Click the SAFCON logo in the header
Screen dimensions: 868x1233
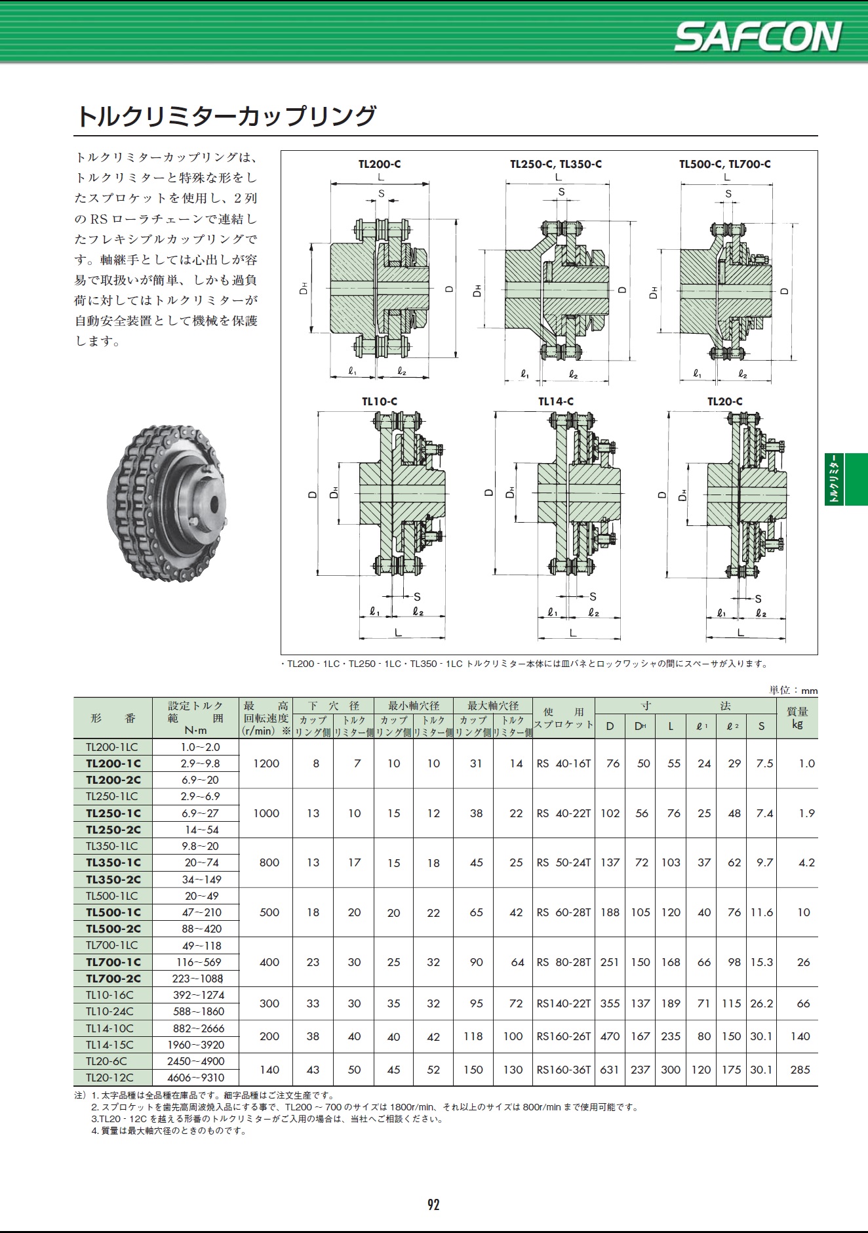(758, 37)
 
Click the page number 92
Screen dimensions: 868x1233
(433, 1205)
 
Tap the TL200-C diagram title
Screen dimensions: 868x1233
(380, 164)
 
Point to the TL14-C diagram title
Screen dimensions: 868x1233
(556, 401)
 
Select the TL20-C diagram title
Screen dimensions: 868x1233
(724, 401)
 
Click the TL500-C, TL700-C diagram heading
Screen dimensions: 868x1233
(724, 164)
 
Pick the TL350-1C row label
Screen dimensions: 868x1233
(113, 862)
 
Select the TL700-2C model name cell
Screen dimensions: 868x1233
(113, 979)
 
